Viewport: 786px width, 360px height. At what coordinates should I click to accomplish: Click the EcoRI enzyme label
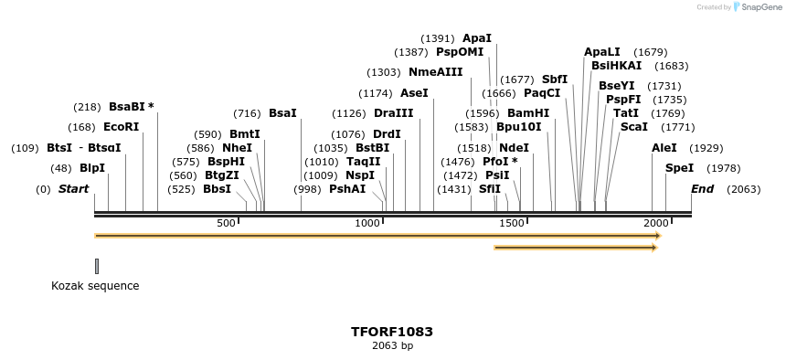(x=122, y=127)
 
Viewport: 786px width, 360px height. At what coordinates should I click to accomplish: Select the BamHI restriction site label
(x=528, y=113)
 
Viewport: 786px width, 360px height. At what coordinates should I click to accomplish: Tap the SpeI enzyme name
(x=679, y=168)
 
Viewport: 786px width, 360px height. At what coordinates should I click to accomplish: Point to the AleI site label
(x=664, y=148)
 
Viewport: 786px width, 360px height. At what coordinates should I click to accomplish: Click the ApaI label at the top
(x=477, y=38)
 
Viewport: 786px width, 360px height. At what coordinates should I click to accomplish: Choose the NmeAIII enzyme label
(x=436, y=72)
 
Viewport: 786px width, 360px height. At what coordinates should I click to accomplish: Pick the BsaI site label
(x=282, y=113)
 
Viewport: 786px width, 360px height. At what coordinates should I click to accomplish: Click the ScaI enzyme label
(x=634, y=127)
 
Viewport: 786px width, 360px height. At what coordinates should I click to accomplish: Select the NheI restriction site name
(x=237, y=148)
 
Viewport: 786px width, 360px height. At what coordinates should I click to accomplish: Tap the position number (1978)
(x=724, y=168)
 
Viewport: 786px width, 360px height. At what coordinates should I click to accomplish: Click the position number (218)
(x=87, y=107)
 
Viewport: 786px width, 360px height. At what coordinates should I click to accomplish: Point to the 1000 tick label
(x=367, y=224)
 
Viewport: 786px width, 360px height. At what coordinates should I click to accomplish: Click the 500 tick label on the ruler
(x=226, y=224)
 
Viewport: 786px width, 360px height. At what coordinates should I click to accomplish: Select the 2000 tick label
(x=655, y=224)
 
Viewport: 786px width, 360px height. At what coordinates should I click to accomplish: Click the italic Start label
(x=74, y=189)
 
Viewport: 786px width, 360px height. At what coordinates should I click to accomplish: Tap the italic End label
(x=703, y=189)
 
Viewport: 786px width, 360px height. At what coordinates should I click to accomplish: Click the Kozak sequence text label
(x=95, y=286)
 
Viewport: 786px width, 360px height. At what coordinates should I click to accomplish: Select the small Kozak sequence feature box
(x=97, y=266)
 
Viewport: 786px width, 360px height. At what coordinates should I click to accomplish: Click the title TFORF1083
(x=392, y=332)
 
